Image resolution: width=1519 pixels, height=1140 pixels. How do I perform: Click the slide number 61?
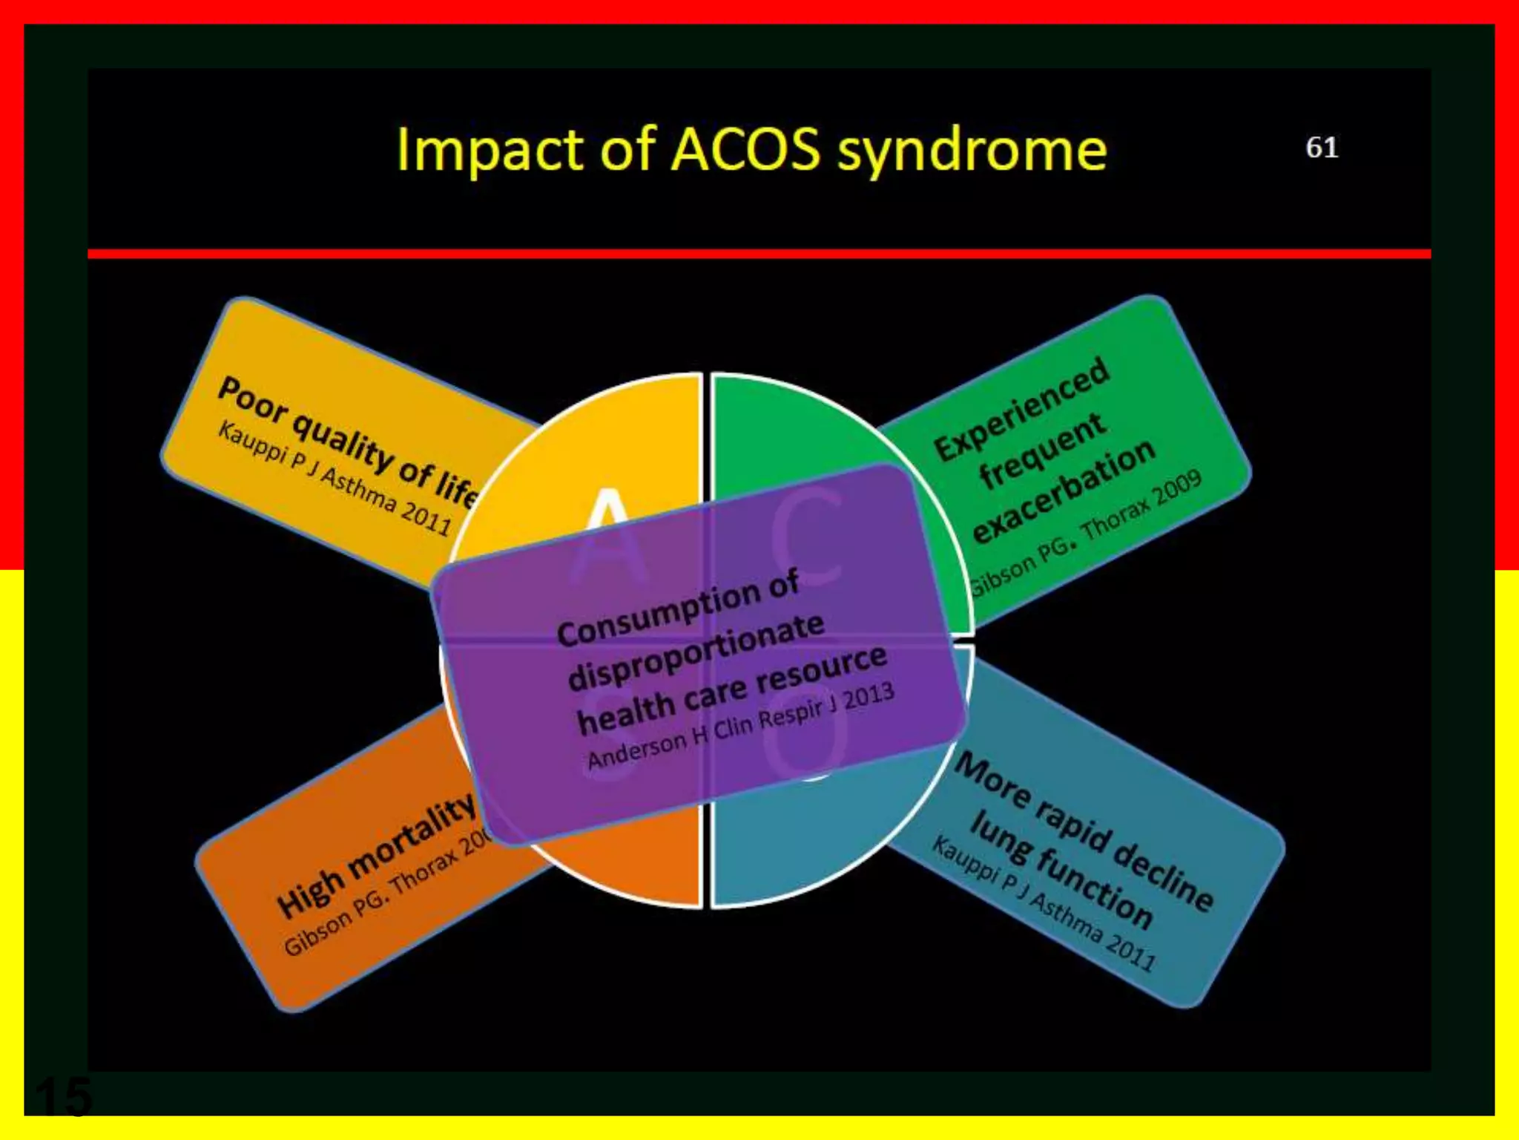click(x=1322, y=148)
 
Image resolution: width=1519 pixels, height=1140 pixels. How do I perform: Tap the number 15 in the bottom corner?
click(x=64, y=1097)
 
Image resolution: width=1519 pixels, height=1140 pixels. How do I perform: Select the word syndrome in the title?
click(x=972, y=152)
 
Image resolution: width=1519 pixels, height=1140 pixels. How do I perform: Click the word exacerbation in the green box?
click(x=1064, y=491)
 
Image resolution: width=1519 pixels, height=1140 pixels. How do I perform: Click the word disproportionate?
click(x=696, y=651)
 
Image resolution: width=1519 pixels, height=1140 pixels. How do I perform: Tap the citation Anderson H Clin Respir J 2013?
click(x=740, y=725)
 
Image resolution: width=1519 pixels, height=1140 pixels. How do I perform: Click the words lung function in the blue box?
click(x=1061, y=869)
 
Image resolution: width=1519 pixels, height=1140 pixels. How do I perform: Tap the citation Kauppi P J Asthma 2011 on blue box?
click(x=1044, y=905)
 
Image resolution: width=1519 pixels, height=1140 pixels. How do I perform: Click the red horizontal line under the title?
click(x=759, y=254)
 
